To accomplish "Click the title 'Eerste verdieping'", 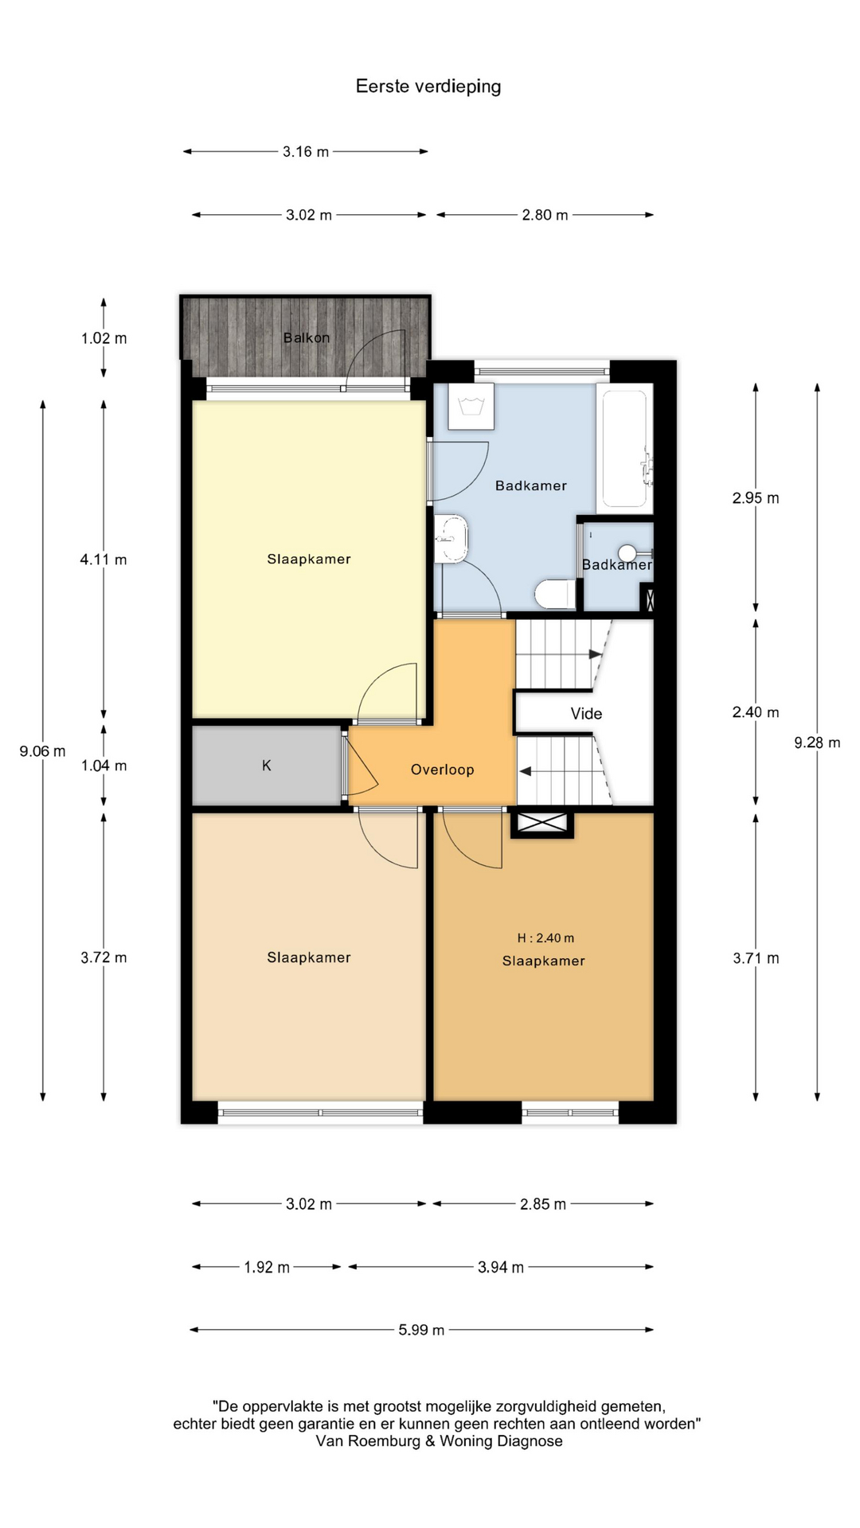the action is tap(428, 87).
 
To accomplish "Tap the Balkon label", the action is tap(307, 337).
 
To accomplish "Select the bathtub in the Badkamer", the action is tap(625, 446).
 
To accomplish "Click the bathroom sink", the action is tap(452, 538).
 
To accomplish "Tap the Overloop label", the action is tap(443, 770).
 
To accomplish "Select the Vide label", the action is tap(586, 714).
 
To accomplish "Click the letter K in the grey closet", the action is tap(267, 766).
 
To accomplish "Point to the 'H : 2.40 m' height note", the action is tap(545, 938).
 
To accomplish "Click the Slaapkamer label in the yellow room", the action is tap(309, 559).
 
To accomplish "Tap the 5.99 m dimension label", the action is tap(421, 1330).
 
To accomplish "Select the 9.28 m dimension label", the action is tap(817, 743).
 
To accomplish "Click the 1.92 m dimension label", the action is tap(267, 1267).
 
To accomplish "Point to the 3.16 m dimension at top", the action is tap(306, 151).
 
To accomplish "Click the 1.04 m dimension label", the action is tap(104, 766).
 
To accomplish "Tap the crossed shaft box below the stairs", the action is tap(542, 824).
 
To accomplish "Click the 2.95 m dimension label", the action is tap(756, 498).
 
